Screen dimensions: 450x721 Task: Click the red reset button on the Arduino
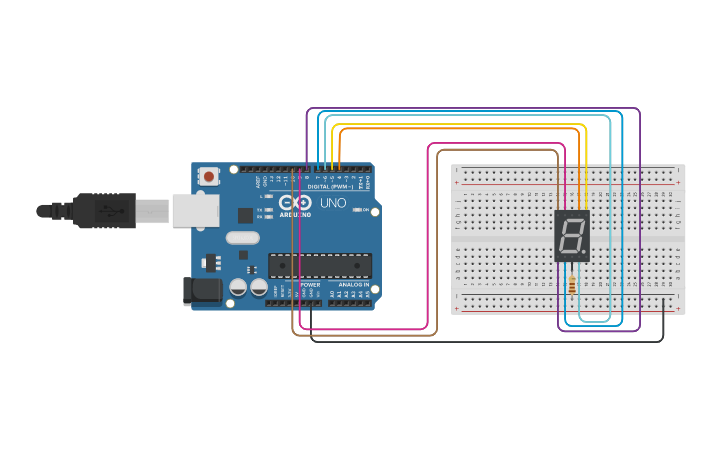[209, 176]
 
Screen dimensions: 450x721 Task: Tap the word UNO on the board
[333, 203]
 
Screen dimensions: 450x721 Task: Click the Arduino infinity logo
[302, 202]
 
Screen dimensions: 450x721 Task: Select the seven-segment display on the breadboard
[572, 235]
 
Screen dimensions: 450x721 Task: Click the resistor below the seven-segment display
[571, 286]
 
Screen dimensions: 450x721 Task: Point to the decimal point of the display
[584, 252]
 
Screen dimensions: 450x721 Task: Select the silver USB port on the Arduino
[195, 211]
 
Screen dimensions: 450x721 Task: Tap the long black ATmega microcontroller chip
[319, 265]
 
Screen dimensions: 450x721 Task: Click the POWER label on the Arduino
[310, 285]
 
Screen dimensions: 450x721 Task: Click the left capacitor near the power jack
[238, 287]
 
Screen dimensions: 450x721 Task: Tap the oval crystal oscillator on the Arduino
[242, 238]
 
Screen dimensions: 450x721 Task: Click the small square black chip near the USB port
[245, 215]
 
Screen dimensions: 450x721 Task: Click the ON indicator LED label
[365, 210]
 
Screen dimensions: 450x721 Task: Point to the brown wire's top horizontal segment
[497, 150]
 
